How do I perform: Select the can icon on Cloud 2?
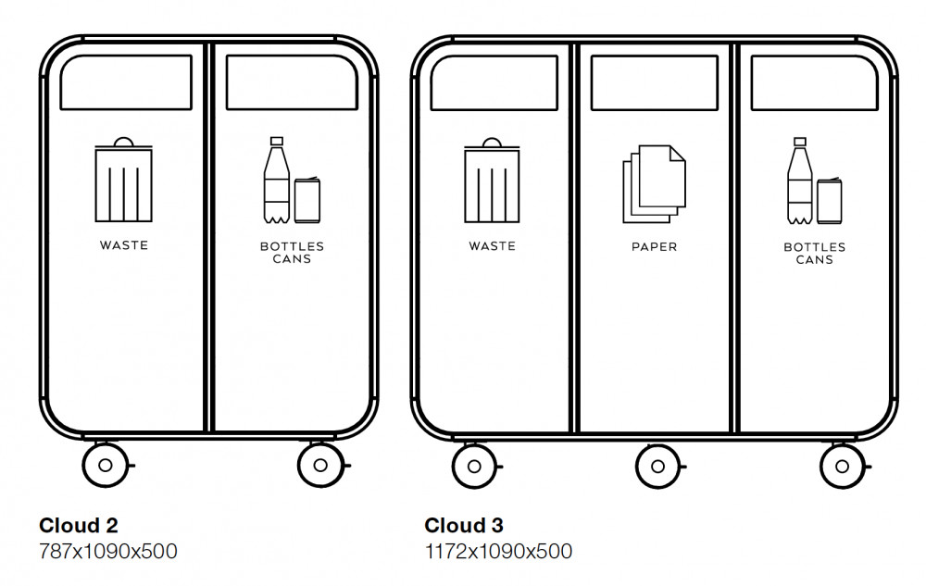[307, 199]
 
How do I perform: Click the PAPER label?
[654, 247]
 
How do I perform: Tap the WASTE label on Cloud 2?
[123, 246]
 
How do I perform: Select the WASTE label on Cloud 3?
[492, 246]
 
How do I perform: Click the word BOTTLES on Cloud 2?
[292, 247]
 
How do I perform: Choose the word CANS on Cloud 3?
[814, 260]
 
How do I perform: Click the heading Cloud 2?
[79, 526]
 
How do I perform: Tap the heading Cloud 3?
[464, 526]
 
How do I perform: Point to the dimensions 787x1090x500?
[107, 552]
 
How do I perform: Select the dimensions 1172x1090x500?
[498, 552]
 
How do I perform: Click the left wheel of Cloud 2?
[105, 464]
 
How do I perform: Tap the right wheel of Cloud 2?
[320, 464]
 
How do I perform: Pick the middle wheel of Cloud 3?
[657, 466]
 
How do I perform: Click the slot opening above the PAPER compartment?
[654, 83]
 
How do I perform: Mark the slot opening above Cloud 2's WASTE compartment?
[126, 82]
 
